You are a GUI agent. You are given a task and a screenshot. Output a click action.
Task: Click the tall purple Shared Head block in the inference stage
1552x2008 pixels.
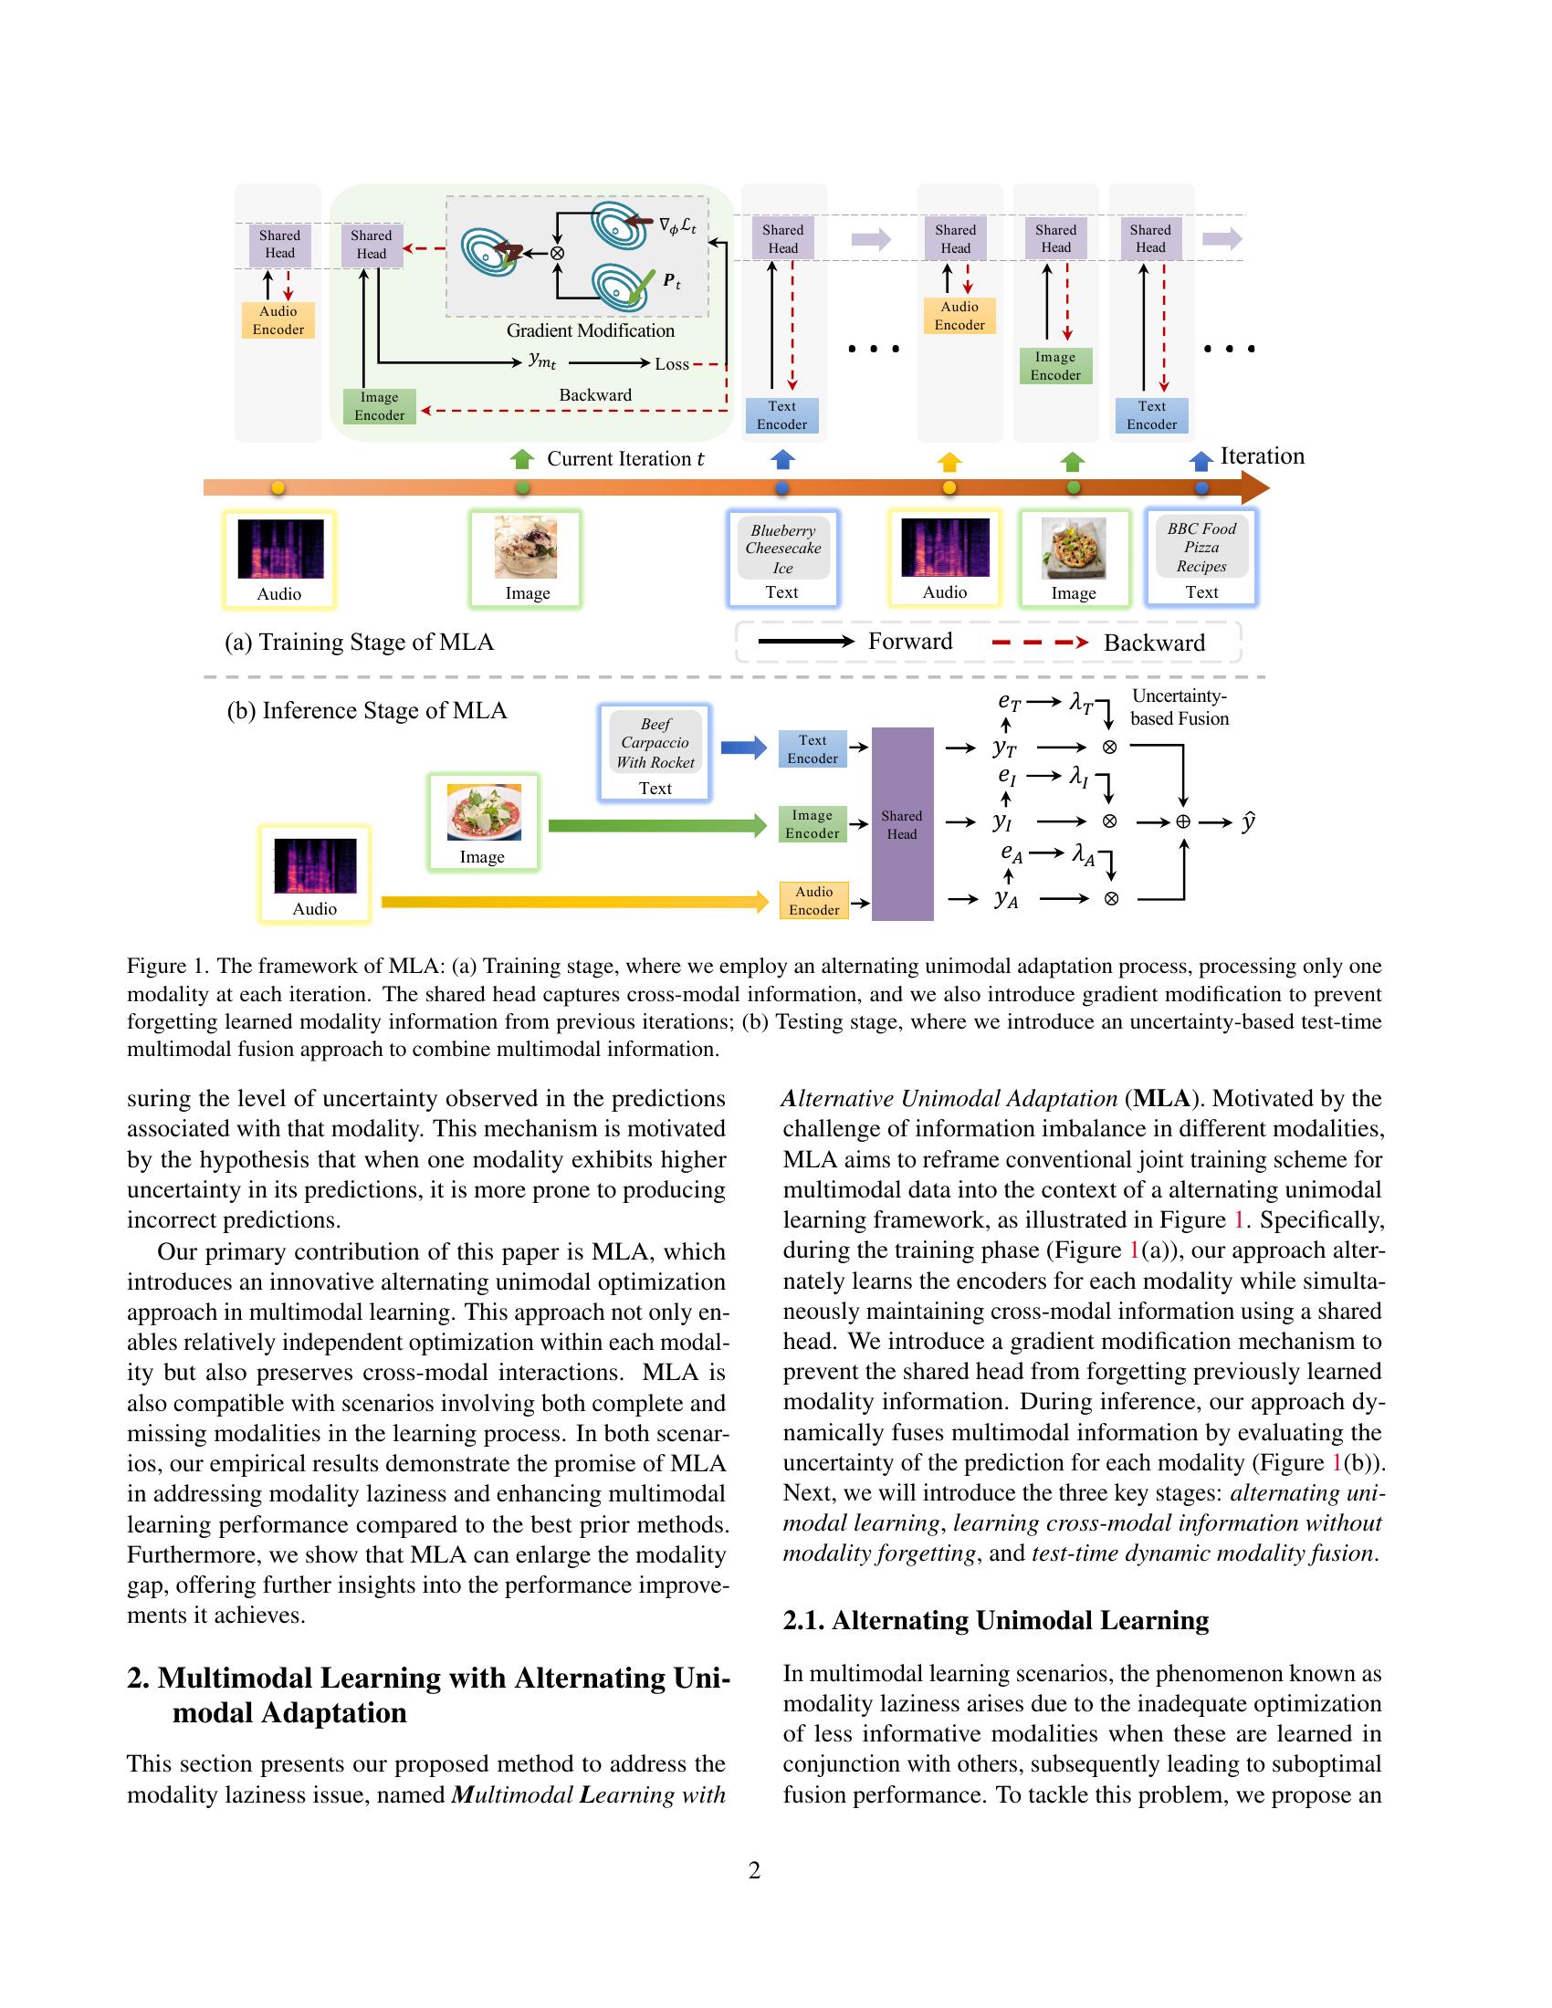tap(902, 824)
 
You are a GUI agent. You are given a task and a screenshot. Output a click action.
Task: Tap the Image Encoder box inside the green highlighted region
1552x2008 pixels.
tap(379, 406)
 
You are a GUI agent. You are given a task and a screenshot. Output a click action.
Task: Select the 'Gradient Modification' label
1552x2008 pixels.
tap(591, 331)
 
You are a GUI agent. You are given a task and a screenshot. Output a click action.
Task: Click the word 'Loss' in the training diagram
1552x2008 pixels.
tap(671, 364)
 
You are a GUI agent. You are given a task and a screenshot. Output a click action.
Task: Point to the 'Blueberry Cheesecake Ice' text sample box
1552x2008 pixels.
tap(782, 549)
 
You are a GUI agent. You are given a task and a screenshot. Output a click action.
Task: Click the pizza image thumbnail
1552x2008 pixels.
tap(1073, 549)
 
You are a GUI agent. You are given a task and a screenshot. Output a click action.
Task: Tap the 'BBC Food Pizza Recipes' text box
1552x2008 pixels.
tap(1201, 547)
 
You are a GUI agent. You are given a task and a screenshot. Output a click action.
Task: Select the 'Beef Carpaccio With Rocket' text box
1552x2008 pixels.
tap(655, 743)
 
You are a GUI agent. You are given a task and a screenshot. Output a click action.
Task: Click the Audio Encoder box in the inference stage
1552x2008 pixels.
tap(813, 901)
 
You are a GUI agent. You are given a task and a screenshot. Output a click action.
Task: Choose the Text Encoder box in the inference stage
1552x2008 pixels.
tap(812, 749)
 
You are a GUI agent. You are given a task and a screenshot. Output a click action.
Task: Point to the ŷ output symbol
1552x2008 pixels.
tap(1248, 821)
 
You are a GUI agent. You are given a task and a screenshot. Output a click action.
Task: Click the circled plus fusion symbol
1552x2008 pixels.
tap(1182, 822)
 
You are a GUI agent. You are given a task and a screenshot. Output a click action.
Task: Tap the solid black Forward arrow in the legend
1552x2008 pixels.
tap(805, 642)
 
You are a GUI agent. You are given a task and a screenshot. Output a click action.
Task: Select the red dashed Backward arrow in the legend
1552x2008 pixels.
tap(1040, 643)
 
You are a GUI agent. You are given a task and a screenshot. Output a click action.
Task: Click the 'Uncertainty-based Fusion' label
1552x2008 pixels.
tap(1179, 707)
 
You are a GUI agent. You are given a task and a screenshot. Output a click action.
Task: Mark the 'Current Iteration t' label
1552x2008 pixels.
tap(625, 459)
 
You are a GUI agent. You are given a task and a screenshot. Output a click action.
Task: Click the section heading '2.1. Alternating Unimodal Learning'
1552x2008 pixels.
tap(996, 1620)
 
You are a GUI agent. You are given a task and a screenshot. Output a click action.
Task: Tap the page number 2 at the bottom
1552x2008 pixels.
tap(754, 1870)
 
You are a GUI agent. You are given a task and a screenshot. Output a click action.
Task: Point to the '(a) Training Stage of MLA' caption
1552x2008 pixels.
tap(359, 642)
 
